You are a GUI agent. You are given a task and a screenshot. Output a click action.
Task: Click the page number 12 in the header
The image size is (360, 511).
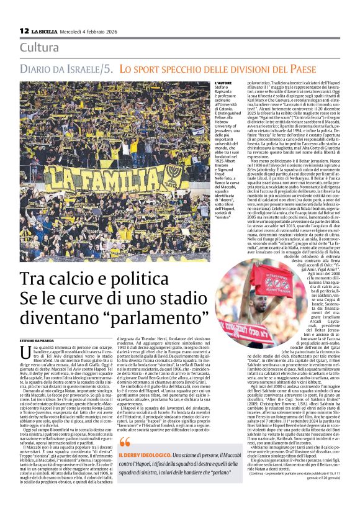(24, 30)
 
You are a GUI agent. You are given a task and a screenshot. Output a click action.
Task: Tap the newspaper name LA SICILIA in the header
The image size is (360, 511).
(45, 31)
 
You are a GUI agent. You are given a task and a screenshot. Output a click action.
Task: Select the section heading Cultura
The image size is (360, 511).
(40, 47)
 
